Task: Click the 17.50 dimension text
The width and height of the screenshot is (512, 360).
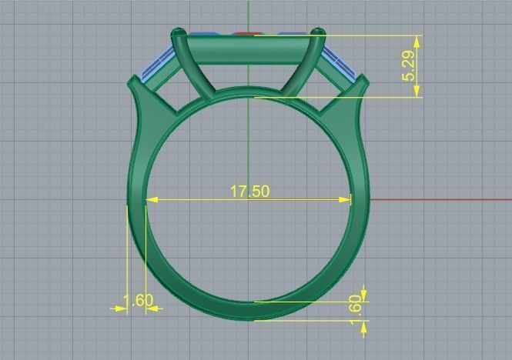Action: [x=250, y=190]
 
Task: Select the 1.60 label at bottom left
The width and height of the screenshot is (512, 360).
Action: [x=139, y=300]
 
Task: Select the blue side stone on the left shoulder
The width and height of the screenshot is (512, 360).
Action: [x=157, y=62]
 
